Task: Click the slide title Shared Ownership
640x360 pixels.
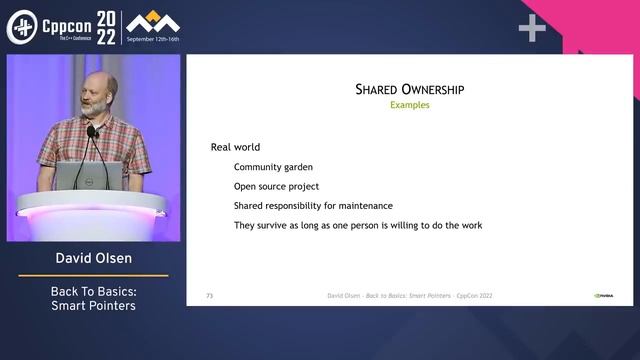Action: [410, 90]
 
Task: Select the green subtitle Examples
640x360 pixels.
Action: [410, 105]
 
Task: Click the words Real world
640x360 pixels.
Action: [235, 147]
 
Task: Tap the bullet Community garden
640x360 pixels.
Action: [273, 167]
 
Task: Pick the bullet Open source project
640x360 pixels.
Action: [276, 186]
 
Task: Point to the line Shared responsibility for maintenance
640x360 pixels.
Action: [313, 206]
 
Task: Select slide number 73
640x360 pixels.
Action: [209, 296]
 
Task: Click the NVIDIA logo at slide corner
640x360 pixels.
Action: [604, 296]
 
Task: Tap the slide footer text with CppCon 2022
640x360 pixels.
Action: [410, 296]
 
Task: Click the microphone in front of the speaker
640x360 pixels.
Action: [92, 132]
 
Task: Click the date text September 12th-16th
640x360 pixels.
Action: [166, 39]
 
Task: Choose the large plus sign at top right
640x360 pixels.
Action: [532, 29]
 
